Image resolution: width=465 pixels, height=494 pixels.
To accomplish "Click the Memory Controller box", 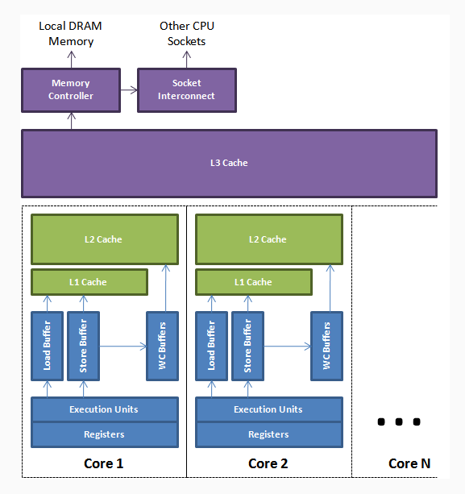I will [71, 89].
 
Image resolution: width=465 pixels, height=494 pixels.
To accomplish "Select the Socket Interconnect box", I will [187, 89].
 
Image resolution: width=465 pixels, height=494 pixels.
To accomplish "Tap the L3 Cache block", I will [229, 164].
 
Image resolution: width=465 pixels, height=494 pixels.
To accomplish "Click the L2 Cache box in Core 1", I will [105, 239].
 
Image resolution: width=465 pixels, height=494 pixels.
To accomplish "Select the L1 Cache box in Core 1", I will [89, 282].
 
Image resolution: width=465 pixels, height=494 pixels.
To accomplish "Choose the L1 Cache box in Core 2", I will [253, 282].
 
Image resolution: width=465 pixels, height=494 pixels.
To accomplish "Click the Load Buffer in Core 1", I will [47, 347].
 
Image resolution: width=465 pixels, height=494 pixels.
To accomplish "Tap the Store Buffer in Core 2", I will [247, 347].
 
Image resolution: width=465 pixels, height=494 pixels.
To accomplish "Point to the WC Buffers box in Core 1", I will [161, 347].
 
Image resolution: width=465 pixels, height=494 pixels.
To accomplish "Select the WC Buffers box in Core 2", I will [326, 347].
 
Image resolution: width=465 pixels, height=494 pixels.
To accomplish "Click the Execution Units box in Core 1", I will [104, 409].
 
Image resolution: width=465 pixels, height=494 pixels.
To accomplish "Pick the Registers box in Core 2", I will [268, 434].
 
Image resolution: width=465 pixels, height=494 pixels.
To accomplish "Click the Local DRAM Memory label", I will [71, 34].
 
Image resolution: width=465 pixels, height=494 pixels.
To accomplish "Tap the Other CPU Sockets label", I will [187, 34].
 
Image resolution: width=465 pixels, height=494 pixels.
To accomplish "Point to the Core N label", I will [409, 463].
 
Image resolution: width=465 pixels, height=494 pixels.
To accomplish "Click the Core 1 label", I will [104, 463].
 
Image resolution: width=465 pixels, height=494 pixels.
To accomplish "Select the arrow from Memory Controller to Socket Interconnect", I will [128, 89].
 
